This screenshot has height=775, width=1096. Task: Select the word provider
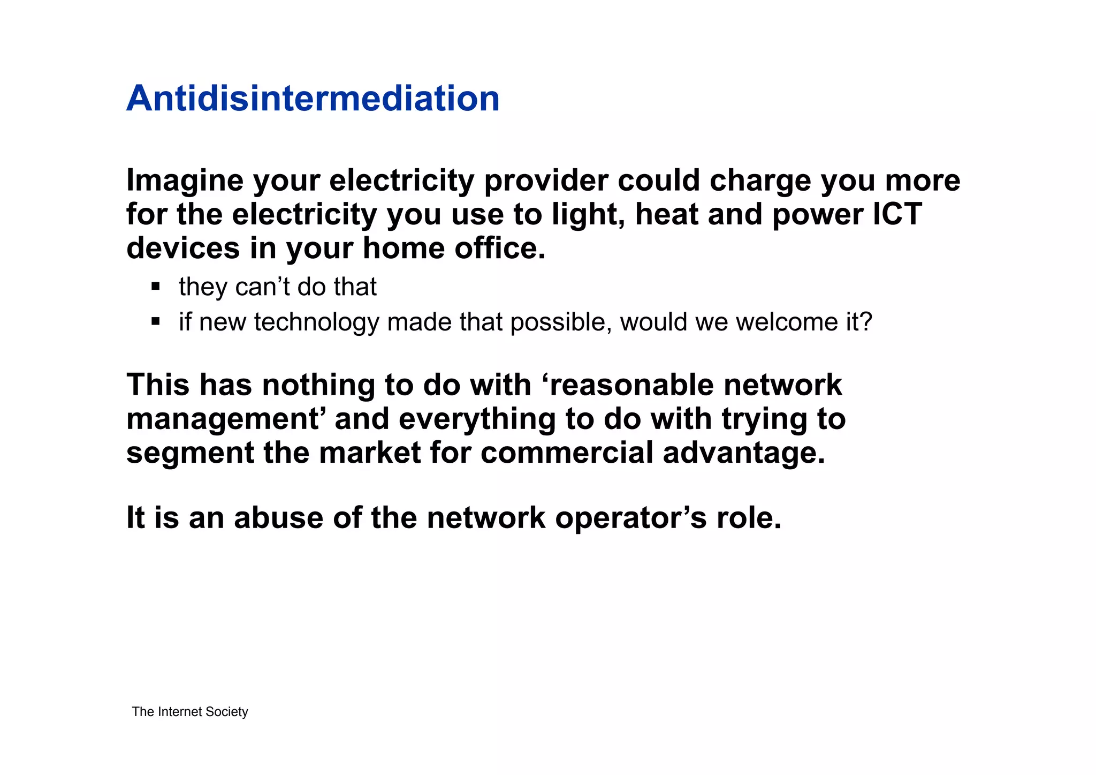point(546,181)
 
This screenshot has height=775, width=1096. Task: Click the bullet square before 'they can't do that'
point(156,287)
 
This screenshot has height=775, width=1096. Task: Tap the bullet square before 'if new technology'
point(156,321)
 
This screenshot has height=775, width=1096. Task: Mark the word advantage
point(744,453)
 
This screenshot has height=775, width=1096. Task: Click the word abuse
point(278,518)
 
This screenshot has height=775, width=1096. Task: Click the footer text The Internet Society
point(190,712)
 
